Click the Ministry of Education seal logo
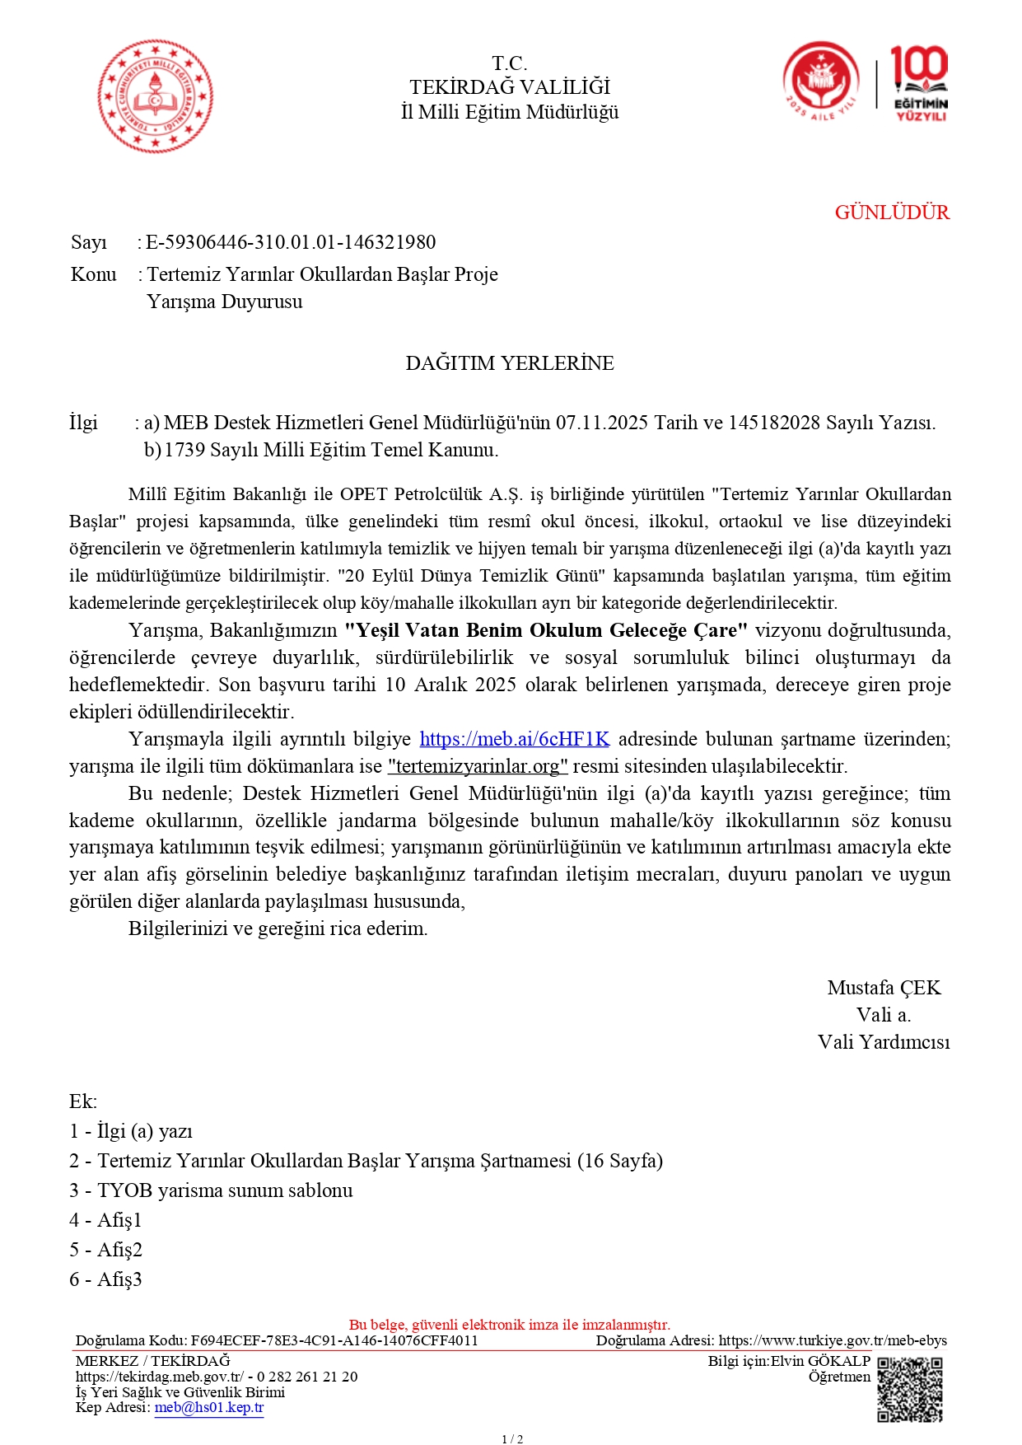coord(155,96)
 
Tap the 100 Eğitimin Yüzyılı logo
coord(920,83)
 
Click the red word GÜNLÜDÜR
coord(892,213)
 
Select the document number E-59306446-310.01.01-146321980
coord(291,242)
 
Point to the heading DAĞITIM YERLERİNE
coord(510,363)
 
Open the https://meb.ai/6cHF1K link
coord(515,739)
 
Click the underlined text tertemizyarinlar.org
coord(478,766)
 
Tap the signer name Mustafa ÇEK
coord(884,988)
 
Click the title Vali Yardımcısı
coord(884,1042)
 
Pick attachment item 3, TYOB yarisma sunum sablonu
coord(212,1190)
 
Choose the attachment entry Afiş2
coord(106,1250)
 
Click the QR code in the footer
coord(909,1390)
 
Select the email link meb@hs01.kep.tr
coord(209,1407)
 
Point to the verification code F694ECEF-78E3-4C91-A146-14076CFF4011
coord(334,1340)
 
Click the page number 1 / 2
coord(512,1439)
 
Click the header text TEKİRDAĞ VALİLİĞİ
coord(510,87)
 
